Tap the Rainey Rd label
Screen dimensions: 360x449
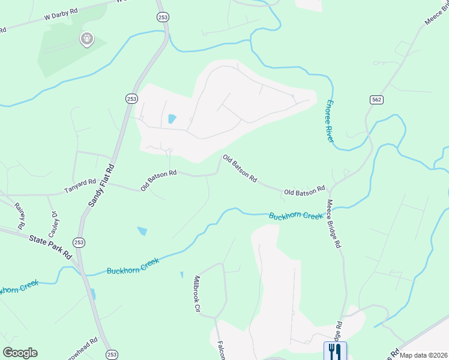click(19, 215)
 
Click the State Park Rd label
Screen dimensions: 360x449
click(50, 246)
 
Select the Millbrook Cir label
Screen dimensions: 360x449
click(195, 294)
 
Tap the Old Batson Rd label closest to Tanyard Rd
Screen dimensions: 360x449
click(158, 180)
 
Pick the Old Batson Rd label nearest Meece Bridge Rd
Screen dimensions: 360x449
click(304, 191)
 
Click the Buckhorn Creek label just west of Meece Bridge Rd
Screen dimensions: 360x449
click(295, 215)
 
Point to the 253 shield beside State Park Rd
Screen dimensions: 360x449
click(79, 242)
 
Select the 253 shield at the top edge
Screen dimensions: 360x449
click(161, 18)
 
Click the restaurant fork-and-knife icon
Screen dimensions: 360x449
click(334, 350)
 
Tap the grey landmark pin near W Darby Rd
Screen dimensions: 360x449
click(86, 40)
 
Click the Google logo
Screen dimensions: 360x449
click(20, 353)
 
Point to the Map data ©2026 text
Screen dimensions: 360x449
click(423, 355)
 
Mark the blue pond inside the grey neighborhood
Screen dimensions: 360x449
click(172, 119)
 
